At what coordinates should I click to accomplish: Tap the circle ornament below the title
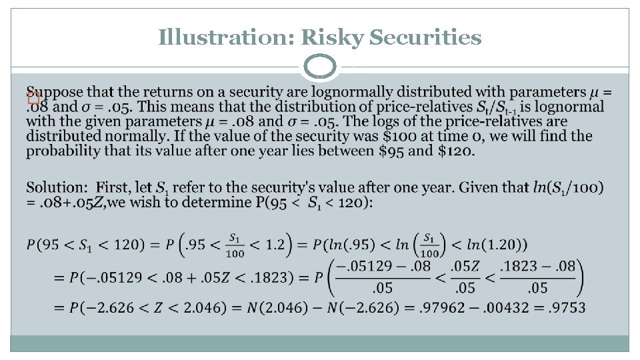(320, 67)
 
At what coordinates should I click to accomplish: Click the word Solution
(56, 188)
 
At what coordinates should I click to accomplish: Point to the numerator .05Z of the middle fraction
(463, 267)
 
